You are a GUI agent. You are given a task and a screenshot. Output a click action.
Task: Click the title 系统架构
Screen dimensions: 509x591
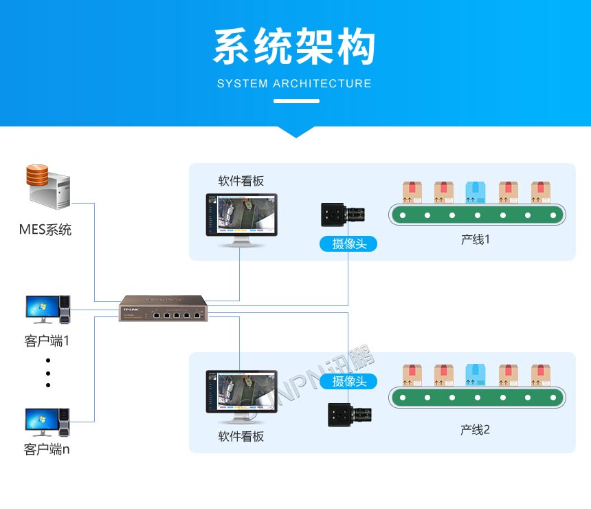[x=295, y=47]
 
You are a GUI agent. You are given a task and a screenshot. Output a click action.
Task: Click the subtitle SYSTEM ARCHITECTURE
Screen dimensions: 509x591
[x=294, y=84]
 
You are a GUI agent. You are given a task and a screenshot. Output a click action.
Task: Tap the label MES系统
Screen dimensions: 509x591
[x=45, y=230]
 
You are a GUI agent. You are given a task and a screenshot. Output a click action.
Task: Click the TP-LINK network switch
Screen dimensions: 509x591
[x=163, y=309]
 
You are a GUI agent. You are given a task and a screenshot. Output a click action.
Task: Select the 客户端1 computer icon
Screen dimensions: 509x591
[x=47, y=310]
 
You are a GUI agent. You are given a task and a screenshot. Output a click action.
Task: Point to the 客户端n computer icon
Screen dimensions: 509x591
[x=47, y=422]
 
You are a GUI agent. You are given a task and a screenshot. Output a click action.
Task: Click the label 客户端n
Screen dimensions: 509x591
[x=47, y=450]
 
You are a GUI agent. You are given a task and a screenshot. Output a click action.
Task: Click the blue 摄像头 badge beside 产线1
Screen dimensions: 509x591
[x=348, y=243]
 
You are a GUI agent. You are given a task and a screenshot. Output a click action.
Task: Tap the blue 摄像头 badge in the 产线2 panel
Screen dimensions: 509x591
[x=348, y=381]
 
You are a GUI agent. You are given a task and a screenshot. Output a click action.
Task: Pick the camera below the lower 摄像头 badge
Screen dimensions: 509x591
[x=348, y=415]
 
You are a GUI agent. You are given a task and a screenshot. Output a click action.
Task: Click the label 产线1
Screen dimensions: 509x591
[x=475, y=240]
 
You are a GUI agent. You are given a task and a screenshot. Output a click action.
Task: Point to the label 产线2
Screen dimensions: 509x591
[x=475, y=430]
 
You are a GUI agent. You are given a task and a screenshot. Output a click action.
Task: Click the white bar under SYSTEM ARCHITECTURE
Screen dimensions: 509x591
[x=296, y=101]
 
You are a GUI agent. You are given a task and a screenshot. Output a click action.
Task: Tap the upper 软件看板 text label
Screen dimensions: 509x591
[x=241, y=181]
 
